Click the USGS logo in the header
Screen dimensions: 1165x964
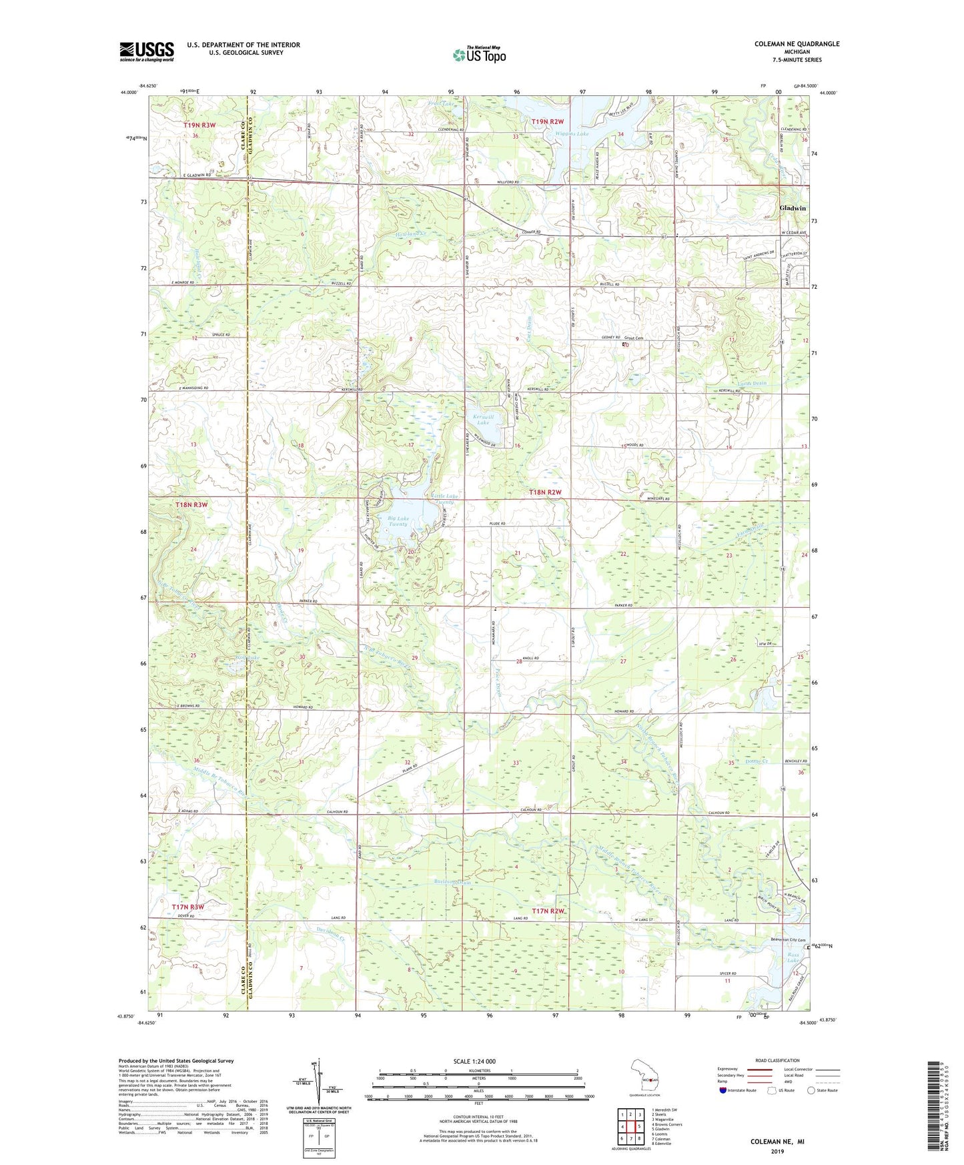(147, 51)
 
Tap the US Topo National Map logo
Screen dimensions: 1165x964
(478, 55)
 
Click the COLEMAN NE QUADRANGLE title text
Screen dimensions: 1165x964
(797, 44)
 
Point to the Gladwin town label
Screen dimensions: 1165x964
(793, 208)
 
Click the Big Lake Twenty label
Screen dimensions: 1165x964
(398, 521)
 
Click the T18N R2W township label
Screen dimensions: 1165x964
(545, 492)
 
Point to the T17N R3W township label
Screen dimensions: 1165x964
(187, 907)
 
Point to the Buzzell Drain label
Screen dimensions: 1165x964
(453, 883)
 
